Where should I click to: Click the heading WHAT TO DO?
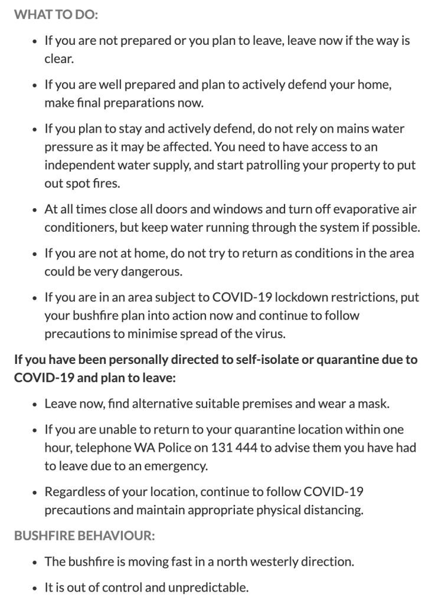(56, 13)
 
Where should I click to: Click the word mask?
(376, 405)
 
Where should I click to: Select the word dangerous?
(149, 272)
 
